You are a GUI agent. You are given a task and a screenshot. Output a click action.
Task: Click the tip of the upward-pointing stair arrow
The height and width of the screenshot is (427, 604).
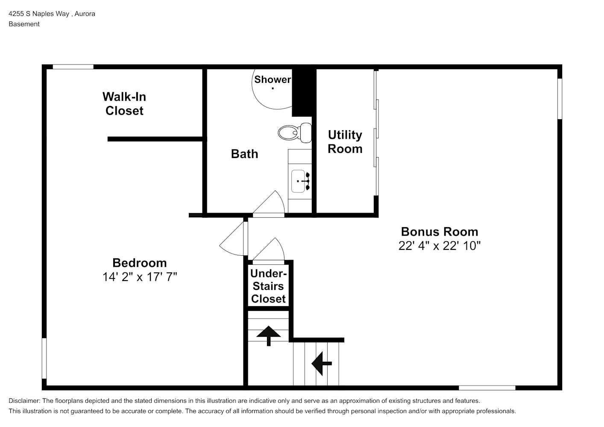coord(269,326)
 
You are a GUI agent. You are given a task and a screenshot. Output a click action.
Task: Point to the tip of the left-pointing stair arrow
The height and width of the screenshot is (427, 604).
coord(312,363)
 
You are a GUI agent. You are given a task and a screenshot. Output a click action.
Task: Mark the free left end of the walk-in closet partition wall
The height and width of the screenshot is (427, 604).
coord(108,139)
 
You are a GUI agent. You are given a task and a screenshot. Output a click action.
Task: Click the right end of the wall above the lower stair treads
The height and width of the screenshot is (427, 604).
coord(344,340)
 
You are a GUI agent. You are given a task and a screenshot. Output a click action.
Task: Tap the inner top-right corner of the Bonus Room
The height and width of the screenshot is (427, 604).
coord(557,69)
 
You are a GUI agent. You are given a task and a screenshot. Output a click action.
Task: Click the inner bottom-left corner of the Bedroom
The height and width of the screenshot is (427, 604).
coord(47,386)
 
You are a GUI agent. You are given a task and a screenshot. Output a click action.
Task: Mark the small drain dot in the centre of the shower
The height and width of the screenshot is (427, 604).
coord(273,88)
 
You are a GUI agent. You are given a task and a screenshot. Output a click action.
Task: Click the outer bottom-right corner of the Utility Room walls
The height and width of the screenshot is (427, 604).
coord(378,217)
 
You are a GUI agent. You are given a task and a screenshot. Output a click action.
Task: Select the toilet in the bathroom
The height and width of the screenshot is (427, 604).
coord(295,133)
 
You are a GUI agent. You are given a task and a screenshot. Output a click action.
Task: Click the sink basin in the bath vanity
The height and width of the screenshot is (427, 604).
coord(298,181)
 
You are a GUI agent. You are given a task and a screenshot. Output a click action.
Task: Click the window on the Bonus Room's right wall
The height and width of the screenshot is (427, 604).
coord(560,99)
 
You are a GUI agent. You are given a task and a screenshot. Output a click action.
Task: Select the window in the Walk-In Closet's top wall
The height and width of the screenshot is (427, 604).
coord(73,67)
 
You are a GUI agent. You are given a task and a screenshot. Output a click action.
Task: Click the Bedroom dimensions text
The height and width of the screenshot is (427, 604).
coord(140,277)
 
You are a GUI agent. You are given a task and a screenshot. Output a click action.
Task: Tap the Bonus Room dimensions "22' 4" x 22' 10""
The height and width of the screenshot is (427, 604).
coord(440,246)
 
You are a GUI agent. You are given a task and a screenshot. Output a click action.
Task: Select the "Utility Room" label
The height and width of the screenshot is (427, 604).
coord(345,142)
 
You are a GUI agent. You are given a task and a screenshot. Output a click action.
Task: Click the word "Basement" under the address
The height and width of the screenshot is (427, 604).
coord(24,24)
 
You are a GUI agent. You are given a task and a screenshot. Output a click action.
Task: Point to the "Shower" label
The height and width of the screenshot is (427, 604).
coord(273,79)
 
